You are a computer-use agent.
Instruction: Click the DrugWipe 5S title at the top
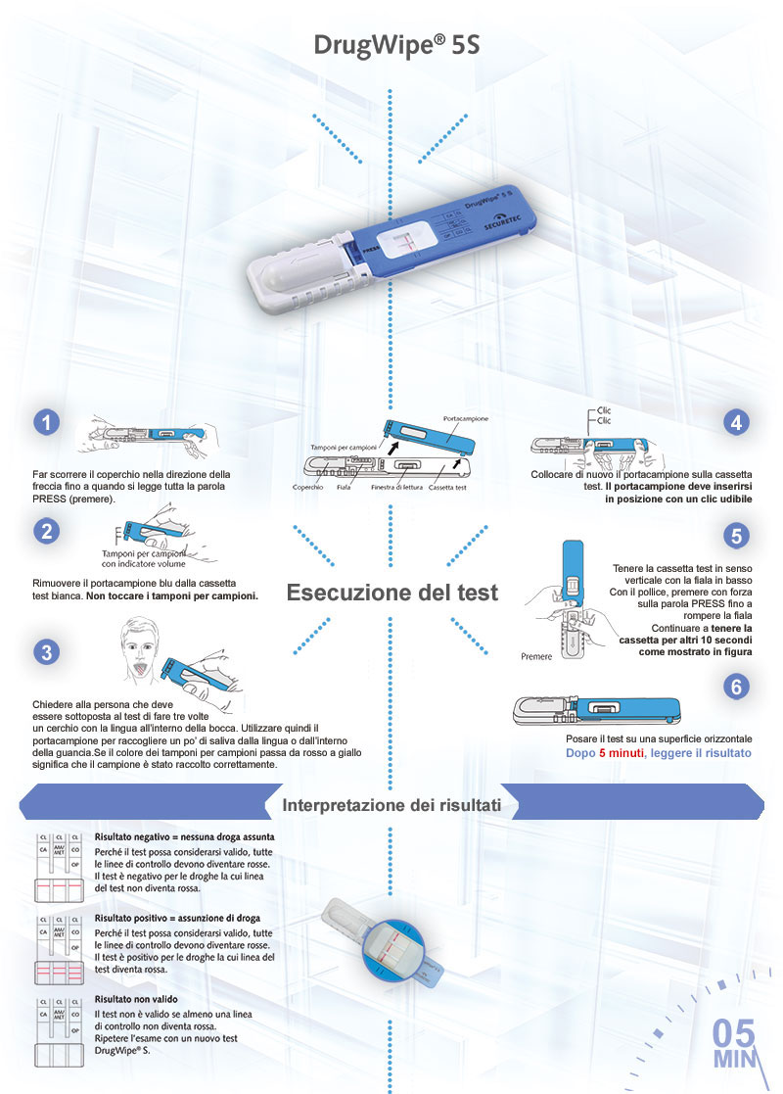pyautogui.click(x=396, y=45)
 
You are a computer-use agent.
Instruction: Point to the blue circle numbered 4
pyautogui.click(x=736, y=422)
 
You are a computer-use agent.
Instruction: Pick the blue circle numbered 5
pyautogui.click(x=736, y=535)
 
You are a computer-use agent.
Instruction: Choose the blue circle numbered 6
pyautogui.click(x=736, y=687)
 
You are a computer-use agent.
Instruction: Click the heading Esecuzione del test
pyautogui.click(x=391, y=593)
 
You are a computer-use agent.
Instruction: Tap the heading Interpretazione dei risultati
pyautogui.click(x=391, y=805)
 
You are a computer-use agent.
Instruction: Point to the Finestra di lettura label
pyautogui.click(x=396, y=487)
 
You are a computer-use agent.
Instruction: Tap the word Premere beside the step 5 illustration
pyautogui.click(x=536, y=656)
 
